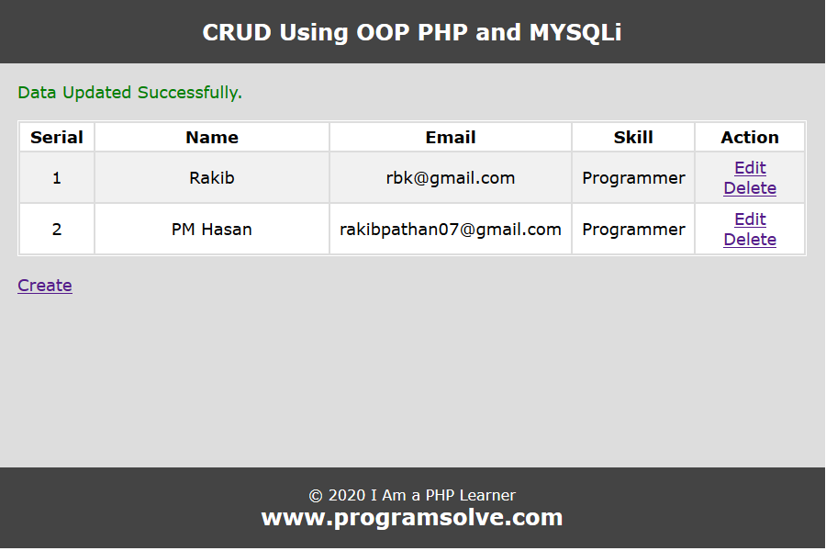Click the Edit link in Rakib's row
750,168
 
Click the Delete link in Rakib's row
750,188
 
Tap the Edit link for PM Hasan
750,219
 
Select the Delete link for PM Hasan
750,240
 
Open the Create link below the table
45,286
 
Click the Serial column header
57,138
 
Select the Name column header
212,138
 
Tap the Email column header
451,138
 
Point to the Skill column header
633,138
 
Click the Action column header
750,138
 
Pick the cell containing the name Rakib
212,177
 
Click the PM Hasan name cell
212,230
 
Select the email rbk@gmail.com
451,178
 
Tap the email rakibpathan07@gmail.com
451,230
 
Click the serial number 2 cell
57,230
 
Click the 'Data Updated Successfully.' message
129,93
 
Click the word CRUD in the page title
237,32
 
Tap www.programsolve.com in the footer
412,518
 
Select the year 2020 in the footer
347,496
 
